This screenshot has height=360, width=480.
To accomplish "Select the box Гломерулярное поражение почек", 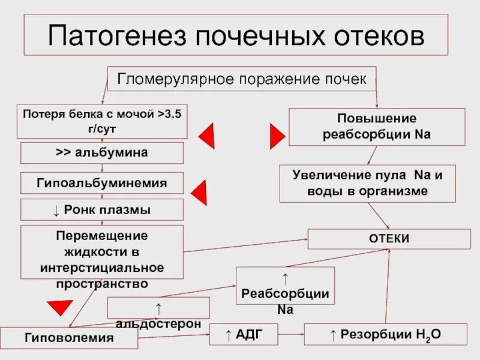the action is coord(241,79).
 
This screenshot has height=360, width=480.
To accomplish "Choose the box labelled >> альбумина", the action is coord(102,153).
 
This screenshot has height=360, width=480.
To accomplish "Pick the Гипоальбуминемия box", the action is coord(102,183).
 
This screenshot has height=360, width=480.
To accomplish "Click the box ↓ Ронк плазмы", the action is coord(102,210).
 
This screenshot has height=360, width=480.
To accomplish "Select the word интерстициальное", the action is coord(102,266).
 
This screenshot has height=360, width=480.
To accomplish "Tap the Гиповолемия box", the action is coord(69,338).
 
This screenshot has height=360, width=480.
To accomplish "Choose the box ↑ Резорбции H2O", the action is coord(385,334).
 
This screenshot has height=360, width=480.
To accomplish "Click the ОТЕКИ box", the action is coord(389,239).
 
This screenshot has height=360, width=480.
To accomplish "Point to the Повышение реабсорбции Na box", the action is coord(377,127).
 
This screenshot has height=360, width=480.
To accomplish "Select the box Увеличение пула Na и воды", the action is coord(368,184).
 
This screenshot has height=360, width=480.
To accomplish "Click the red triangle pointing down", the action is coord(60,308).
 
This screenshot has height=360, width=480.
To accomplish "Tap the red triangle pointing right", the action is coord(277,135).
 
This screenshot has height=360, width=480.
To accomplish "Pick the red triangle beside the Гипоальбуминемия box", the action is coord(199,193).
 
